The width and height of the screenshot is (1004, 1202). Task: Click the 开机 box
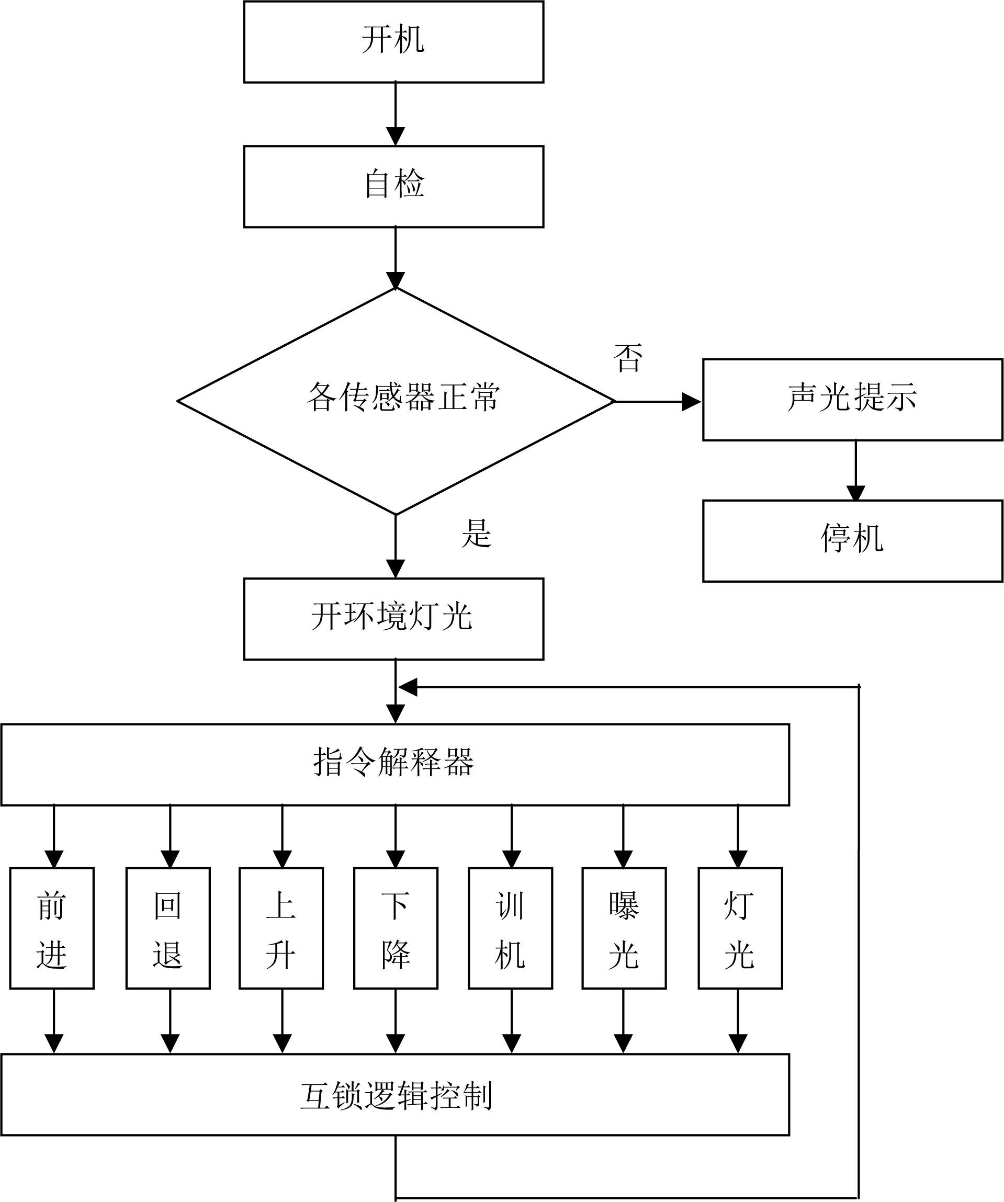pos(393,42)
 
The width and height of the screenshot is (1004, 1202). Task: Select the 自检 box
pos(393,187)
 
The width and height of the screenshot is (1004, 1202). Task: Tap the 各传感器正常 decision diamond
pos(396,401)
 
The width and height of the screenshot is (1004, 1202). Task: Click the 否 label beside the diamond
pos(628,358)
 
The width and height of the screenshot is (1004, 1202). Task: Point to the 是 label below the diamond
pos(476,534)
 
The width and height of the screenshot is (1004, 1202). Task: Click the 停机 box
pos(852,541)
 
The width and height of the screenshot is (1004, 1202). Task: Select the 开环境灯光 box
pos(393,619)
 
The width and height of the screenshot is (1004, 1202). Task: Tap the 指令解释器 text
pos(393,763)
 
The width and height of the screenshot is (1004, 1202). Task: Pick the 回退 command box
pos(168,928)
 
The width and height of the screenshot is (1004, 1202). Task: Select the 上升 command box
pos(281,928)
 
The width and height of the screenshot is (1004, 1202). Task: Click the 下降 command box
pos(396,928)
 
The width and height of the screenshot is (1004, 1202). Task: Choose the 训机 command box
pos(510,928)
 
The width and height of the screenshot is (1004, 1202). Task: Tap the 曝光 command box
pos(624,928)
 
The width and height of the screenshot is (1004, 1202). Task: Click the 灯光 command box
pos(740,928)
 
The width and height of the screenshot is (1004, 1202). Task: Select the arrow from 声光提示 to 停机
pos(855,471)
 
